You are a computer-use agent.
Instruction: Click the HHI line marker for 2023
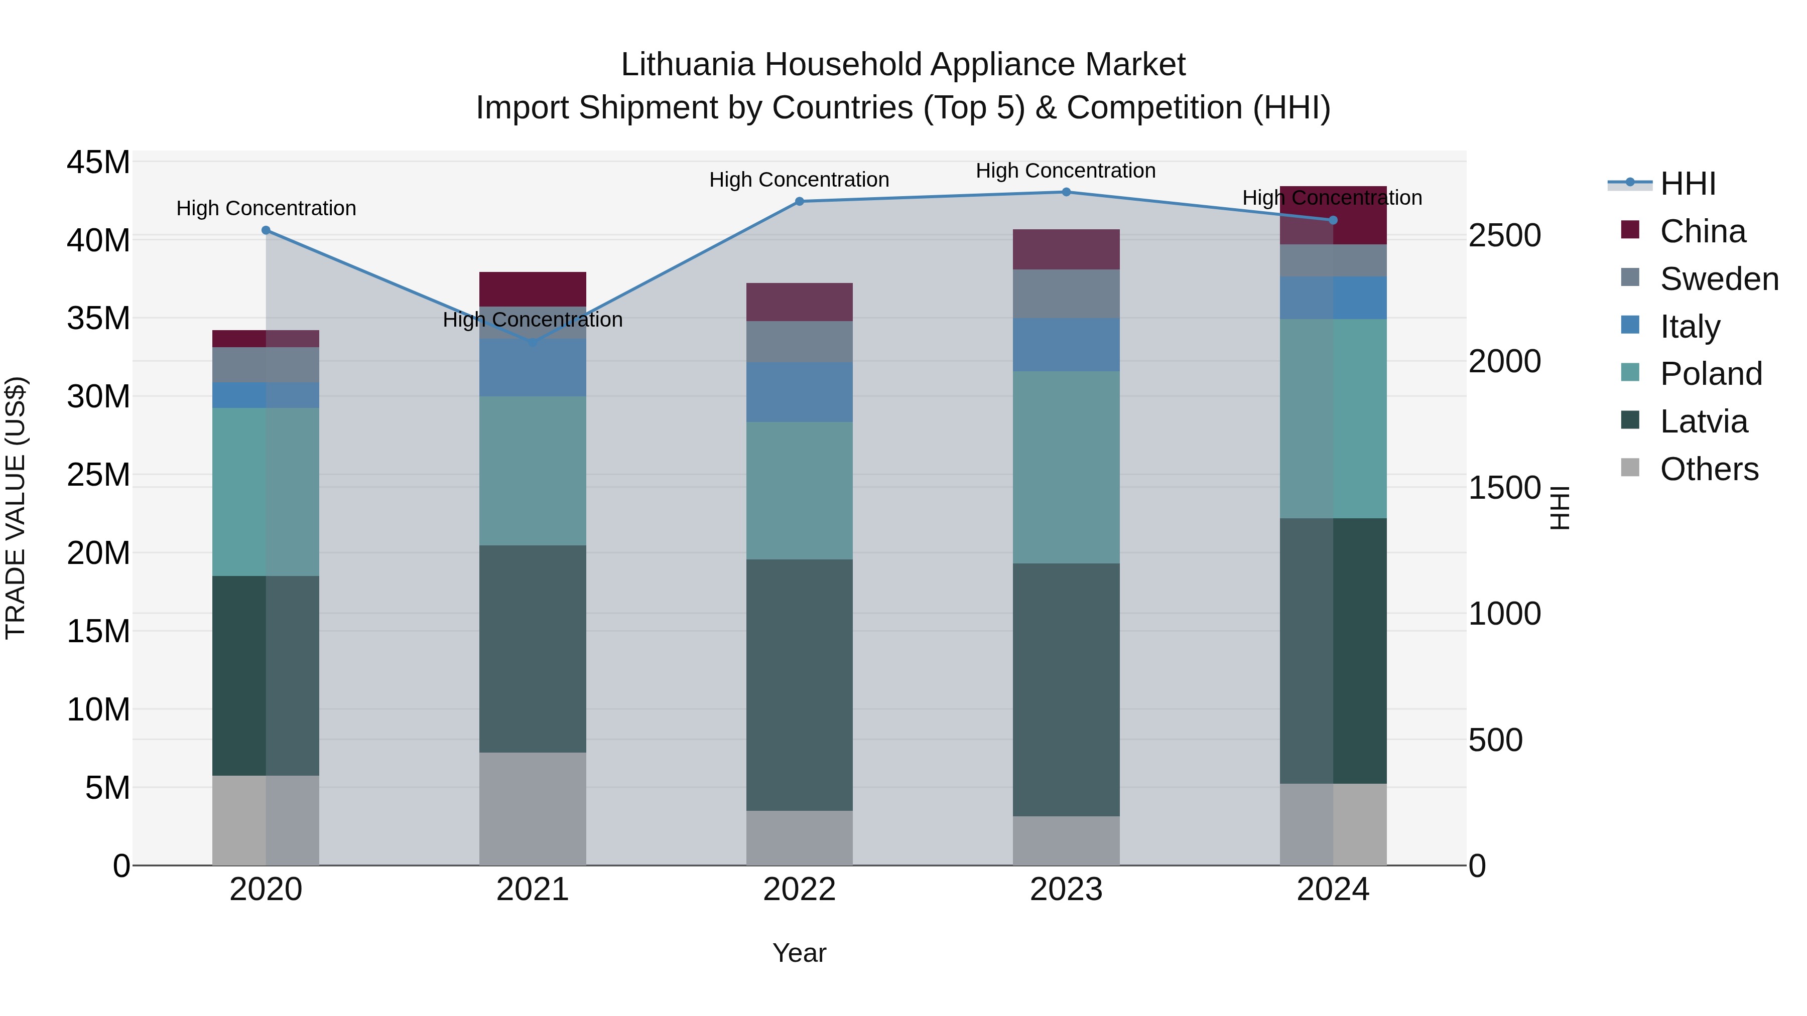(x=1066, y=192)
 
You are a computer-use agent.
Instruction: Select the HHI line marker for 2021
(x=533, y=342)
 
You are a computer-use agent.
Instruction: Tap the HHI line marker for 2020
(x=266, y=230)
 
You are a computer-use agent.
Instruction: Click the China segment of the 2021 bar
(x=533, y=289)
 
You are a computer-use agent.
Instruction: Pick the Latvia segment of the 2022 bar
(x=799, y=684)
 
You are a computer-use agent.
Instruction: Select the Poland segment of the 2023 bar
(x=1066, y=467)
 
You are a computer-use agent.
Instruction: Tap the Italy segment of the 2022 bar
(x=799, y=392)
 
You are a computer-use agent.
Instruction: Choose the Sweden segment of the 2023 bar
(x=1066, y=294)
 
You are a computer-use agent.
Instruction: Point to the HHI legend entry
(x=1687, y=184)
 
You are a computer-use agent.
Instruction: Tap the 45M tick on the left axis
(x=98, y=163)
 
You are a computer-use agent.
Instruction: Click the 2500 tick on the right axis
(x=1505, y=236)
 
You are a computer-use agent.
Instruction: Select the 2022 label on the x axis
(x=799, y=890)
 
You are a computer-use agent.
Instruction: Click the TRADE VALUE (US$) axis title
(x=16, y=508)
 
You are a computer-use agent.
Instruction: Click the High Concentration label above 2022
(x=799, y=180)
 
